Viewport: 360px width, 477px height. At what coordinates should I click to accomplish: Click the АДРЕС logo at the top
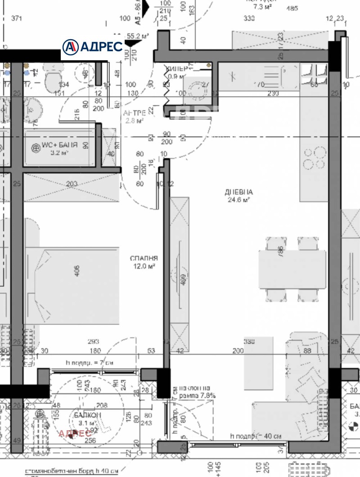(x=92, y=46)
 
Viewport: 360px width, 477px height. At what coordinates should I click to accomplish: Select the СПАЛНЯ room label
(x=144, y=258)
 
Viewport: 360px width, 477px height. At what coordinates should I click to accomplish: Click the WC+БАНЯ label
(x=59, y=145)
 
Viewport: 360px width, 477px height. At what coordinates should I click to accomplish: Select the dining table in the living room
(x=292, y=269)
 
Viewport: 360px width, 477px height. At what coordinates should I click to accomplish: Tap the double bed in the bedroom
(x=72, y=285)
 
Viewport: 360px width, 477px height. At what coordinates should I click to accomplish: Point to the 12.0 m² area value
(x=144, y=266)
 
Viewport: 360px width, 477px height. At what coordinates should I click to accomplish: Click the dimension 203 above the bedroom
(x=72, y=184)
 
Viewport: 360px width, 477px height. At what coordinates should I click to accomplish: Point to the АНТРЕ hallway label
(x=134, y=112)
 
